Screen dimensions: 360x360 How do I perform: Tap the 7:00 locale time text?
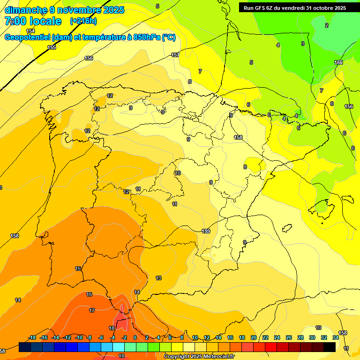pos(33,21)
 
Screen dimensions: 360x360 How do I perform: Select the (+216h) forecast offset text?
pos(84,21)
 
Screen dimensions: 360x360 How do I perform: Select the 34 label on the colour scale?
pos(336,337)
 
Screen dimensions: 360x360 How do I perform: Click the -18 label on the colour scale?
pos(32,337)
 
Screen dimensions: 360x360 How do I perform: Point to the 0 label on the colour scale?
pos(135,337)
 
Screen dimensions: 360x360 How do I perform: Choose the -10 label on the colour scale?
pos(79,337)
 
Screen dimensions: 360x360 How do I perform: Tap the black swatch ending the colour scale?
pos(330,347)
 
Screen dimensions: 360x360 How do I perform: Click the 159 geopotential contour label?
pos(205,231)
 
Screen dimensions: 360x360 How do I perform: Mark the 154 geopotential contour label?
pos(30,31)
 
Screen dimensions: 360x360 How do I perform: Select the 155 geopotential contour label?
pos(52,47)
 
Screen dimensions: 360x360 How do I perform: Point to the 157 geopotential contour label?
pos(175,55)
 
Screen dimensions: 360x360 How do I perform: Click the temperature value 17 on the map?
pos(92,310)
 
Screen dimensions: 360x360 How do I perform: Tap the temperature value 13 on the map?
pos(158,278)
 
